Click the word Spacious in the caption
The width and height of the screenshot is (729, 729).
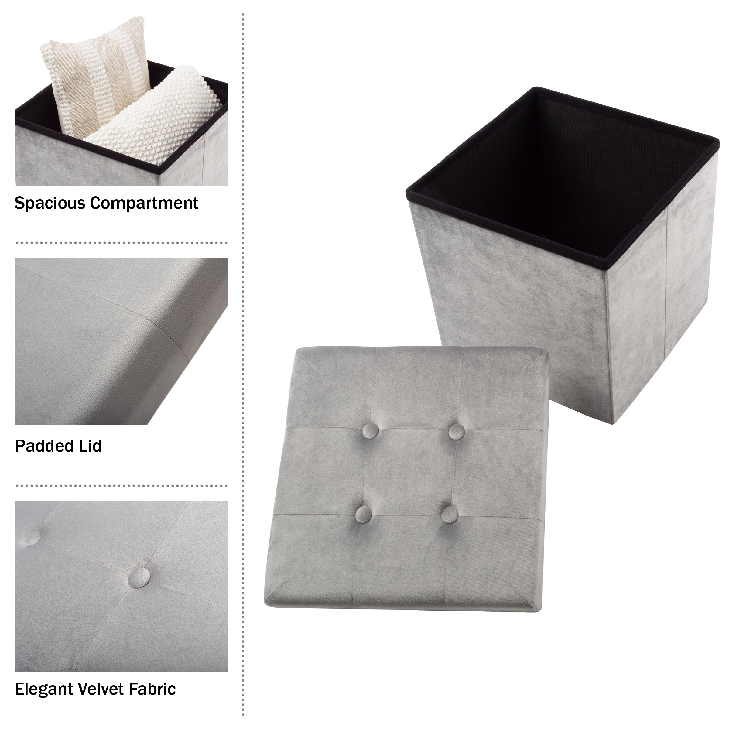(50, 204)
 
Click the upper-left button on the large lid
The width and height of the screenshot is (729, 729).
(371, 430)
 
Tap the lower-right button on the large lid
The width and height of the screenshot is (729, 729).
(450, 515)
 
